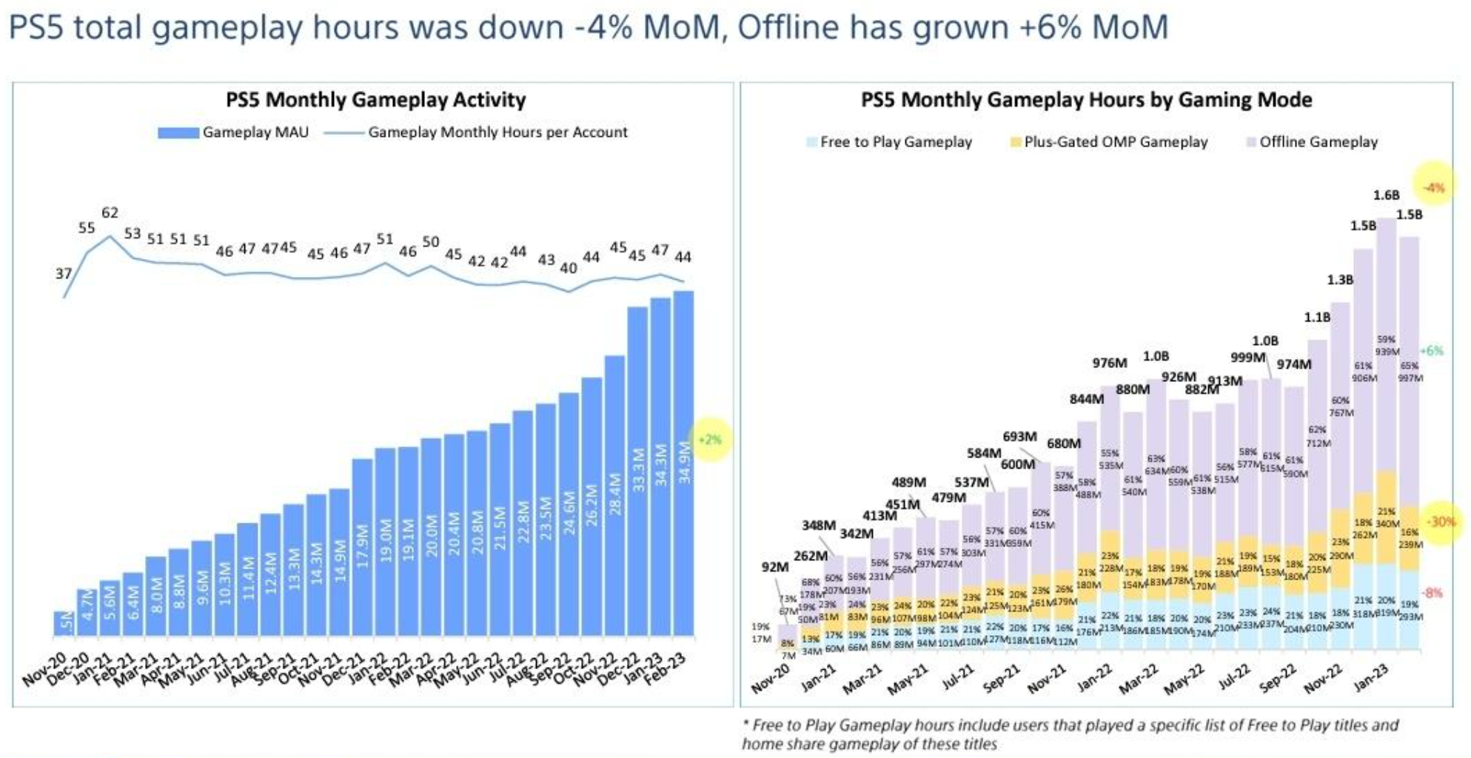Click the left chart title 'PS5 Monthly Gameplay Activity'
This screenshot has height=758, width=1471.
click(375, 100)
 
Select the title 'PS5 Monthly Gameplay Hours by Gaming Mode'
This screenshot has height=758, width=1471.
click(1086, 100)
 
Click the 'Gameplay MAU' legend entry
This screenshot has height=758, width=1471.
click(233, 133)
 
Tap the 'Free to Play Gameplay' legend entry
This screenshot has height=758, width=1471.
click(888, 142)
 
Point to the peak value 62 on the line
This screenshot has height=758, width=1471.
click(110, 213)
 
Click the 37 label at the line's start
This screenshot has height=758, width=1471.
click(64, 274)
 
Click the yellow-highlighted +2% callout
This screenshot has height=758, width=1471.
click(710, 440)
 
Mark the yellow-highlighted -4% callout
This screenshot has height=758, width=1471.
click(1435, 187)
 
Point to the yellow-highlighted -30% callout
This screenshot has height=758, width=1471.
click(1441, 522)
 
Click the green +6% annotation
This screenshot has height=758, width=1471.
click(1432, 351)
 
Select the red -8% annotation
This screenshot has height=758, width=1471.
click(1433, 593)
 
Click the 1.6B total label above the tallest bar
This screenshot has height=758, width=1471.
click(1386, 195)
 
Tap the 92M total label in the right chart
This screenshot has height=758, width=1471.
click(774, 567)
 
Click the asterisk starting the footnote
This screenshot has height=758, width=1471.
click(745, 725)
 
